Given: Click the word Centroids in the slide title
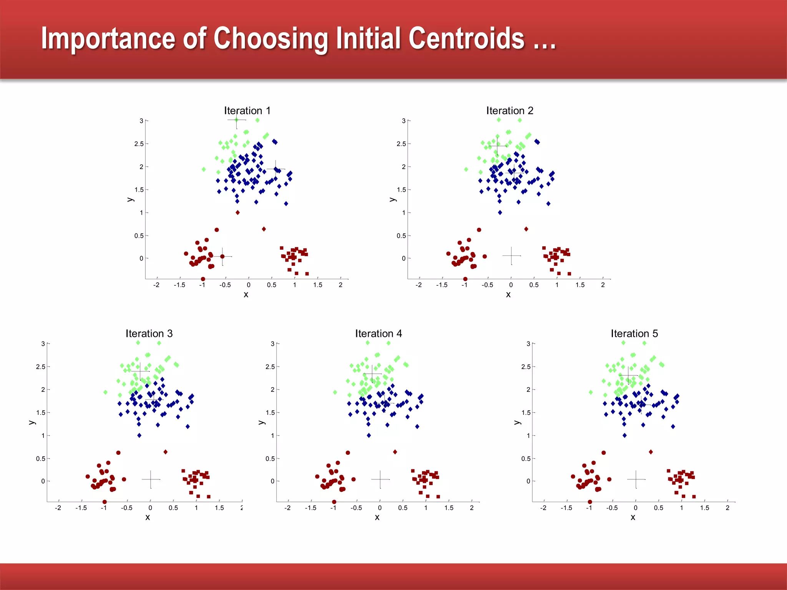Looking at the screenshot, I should click(x=466, y=38).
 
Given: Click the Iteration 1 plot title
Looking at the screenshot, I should click(x=247, y=111).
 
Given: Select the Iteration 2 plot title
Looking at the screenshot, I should click(x=510, y=111).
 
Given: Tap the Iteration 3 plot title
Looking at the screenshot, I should click(x=149, y=333).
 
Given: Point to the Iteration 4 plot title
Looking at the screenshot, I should click(x=379, y=333).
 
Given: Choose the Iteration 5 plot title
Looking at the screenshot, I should click(x=634, y=333).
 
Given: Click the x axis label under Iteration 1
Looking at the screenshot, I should click(x=246, y=295).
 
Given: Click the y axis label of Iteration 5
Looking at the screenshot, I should click(x=517, y=422).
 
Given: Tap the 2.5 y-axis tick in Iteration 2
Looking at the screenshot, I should click(x=401, y=144).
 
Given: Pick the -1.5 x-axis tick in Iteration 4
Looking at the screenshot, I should click(x=310, y=508).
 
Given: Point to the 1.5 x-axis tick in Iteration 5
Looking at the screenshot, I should click(x=704, y=508).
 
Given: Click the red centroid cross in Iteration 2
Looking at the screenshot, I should click(x=511, y=255).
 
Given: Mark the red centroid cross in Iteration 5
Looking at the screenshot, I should click(x=636, y=479).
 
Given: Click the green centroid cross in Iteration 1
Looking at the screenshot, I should click(x=236, y=120).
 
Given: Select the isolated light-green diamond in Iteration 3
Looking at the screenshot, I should click(x=105, y=392).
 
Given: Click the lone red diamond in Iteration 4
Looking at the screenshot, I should click(x=395, y=452).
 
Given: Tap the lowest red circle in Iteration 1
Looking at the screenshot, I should click(x=203, y=279).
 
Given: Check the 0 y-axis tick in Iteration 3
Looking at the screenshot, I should click(x=43, y=481).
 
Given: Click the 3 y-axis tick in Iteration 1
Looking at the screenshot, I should click(x=141, y=121).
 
